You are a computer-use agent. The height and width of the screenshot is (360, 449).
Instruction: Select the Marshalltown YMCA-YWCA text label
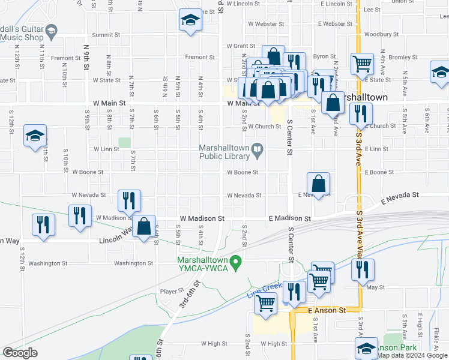[x=203, y=263]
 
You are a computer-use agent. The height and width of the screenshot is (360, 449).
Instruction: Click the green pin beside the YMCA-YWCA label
[x=236, y=262]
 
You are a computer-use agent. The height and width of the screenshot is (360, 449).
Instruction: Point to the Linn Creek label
[x=259, y=293]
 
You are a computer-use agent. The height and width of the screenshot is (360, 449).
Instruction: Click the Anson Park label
[x=399, y=347]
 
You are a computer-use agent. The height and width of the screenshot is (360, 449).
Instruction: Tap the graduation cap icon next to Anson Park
[x=367, y=348]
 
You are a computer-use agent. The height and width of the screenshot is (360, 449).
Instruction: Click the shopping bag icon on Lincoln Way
[x=143, y=227]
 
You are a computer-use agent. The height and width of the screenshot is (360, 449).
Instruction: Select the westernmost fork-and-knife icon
[x=41, y=224]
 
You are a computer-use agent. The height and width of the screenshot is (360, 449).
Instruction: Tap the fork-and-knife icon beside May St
[x=363, y=270]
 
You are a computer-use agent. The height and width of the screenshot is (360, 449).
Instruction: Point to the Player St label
[x=172, y=292]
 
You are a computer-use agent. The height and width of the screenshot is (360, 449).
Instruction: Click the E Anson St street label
[x=327, y=310]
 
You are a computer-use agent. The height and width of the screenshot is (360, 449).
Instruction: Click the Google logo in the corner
[x=20, y=353]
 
